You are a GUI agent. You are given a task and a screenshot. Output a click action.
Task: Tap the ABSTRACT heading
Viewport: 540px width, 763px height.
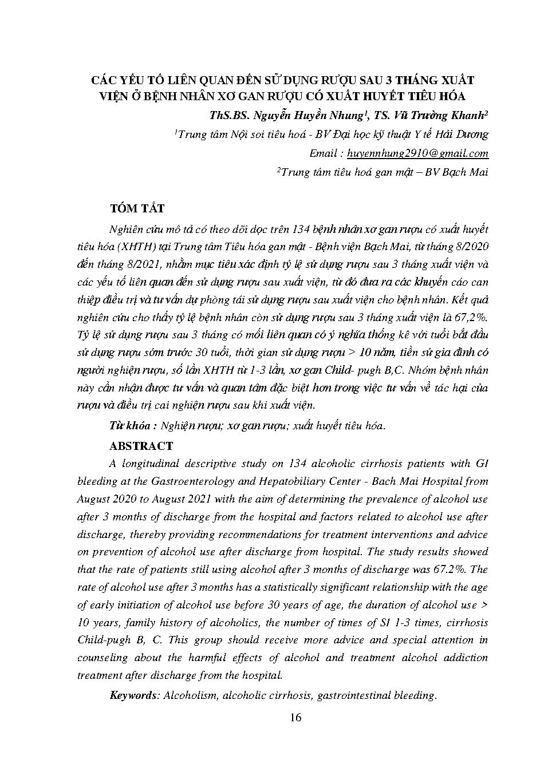coord(141,446)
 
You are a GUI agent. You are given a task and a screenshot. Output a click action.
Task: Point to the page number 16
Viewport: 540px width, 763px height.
coord(295,718)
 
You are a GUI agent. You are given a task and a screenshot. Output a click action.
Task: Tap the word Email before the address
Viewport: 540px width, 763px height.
coord(323,153)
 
